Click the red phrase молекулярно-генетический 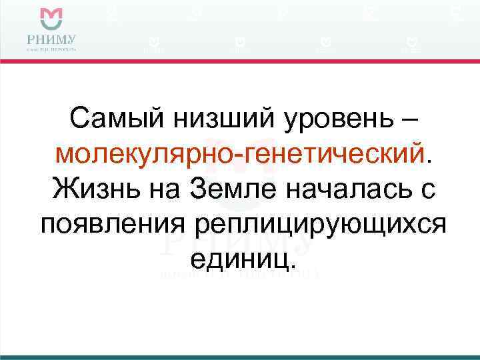pyautogui.click(x=240, y=155)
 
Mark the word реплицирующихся pyautogui.click(x=319, y=226)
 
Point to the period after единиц pyautogui.click(x=291, y=267)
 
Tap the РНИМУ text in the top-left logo pyautogui.click(x=51, y=37)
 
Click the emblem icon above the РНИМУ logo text pyautogui.click(x=51, y=17)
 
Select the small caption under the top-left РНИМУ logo pyautogui.click(x=51, y=49)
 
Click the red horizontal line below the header pyautogui.click(x=240, y=61)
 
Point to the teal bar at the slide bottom pyautogui.click(x=240, y=357)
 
